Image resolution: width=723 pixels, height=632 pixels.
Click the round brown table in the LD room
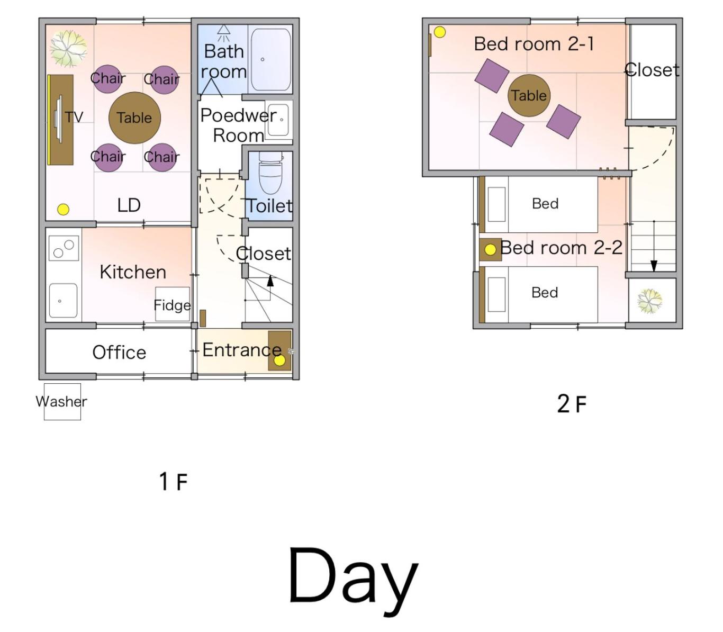coord(134,118)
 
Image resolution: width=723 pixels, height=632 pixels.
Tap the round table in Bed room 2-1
coord(529,95)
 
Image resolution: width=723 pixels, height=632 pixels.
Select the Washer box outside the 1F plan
coord(62,402)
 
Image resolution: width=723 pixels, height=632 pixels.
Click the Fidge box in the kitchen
coord(173,304)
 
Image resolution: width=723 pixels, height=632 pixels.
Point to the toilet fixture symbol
coord(270,173)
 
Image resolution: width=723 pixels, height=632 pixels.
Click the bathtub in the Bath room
coord(271,59)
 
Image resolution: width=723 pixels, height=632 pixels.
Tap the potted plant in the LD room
coord(69,49)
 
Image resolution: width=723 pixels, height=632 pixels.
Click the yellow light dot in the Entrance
coord(279,360)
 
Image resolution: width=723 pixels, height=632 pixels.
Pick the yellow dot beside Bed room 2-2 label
coord(490,250)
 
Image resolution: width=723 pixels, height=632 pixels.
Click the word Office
coord(119,353)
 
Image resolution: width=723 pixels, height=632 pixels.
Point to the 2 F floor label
coord(572,404)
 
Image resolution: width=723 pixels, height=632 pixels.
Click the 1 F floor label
coord(173,482)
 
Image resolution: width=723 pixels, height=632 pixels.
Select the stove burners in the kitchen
coord(64,248)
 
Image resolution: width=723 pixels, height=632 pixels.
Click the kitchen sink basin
coord(64,301)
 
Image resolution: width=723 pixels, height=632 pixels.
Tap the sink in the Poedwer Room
coord(279,120)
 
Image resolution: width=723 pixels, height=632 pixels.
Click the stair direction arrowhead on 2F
coord(654,266)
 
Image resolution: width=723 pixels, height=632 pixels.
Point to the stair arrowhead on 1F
coord(270,281)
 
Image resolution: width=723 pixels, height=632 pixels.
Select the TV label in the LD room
coord(74,117)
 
